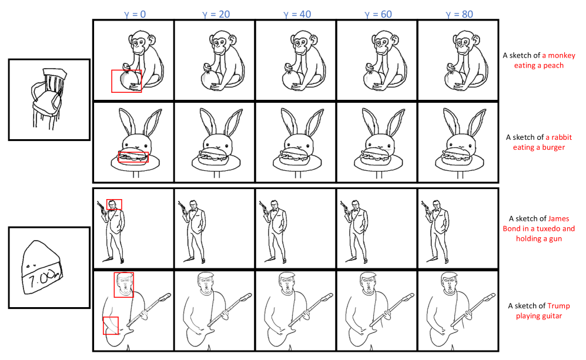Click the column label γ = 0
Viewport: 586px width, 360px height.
click(135, 14)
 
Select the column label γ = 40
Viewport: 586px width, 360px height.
click(297, 14)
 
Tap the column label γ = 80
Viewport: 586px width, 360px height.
click(459, 14)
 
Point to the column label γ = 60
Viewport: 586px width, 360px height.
click(378, 14)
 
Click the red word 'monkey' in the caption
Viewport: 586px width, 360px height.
click(558, 55)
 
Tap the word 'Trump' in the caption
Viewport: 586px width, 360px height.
click(559, 306)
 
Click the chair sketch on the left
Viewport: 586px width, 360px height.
click(48, 99)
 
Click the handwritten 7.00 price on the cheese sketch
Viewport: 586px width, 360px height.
click(42, 280)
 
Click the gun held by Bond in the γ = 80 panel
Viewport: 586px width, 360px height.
click(425, 207)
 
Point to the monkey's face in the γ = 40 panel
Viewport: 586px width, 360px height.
click(300, 45)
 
